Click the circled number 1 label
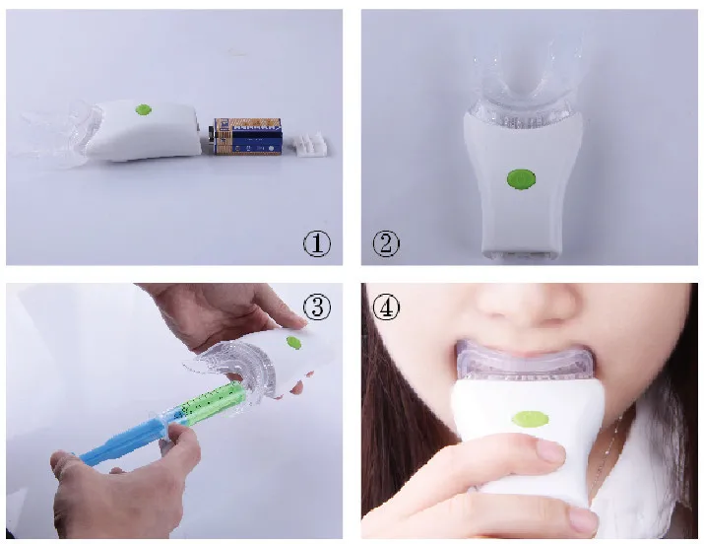(x=316, y=243)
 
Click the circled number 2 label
(x=387, y=243)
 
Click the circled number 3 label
(x=316, y=307)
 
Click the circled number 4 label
(x=387, y=307)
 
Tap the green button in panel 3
(x=292, y=342)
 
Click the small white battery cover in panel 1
(x=311, y=146)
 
